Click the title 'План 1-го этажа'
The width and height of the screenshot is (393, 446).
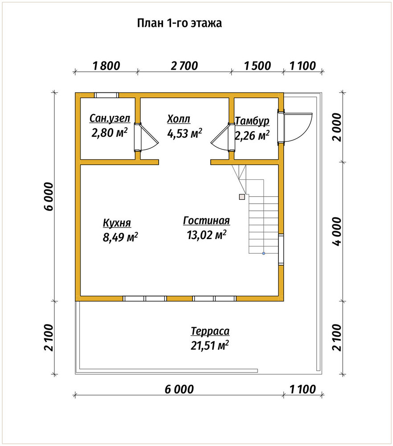pyautogui.click(x=179, y=23)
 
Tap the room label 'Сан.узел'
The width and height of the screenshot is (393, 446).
pyautogui.click(x=110, y=118)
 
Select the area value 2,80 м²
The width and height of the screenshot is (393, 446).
pyautogui.click(x=110, y=132)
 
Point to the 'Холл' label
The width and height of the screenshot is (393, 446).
pyautogui.click(x=179, y=119)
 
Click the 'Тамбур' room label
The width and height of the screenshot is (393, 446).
pyautogui.click(x=252, y=121)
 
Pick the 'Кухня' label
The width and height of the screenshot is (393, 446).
pyautogui.click(x=117, y=223)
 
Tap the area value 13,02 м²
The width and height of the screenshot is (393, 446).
pyautogui.click(x=207, y=235)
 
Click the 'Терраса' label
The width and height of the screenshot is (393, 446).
pyautogui.click(x=210, y=331)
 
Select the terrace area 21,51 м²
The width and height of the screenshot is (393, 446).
pyautogui.click(x=210, y=346)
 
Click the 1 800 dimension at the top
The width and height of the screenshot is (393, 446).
pyautogui.click(x=106, y=66)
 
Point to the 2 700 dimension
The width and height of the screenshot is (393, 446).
pyautogui.click(x=184, y=66)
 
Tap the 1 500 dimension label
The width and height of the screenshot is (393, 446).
pyautogui.click(x=258, y=66)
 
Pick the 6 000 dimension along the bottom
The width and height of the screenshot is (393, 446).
pyautogui.click(x=179, y=389)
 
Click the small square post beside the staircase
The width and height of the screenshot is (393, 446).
pyautogui.click(x=242, y=197)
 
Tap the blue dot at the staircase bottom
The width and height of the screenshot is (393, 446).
pyautogui.click(x=264, y=253)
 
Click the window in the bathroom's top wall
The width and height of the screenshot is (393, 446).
pyautogui.click(x=106, y=95)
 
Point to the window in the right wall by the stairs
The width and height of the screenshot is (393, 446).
pyautogui.click(x=281, y=249)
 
